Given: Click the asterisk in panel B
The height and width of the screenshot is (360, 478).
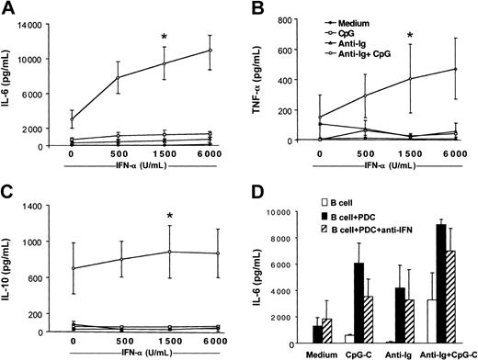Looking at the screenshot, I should [x=409, y=35].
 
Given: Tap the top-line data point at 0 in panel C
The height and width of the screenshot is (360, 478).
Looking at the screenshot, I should [x=72, y=268].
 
